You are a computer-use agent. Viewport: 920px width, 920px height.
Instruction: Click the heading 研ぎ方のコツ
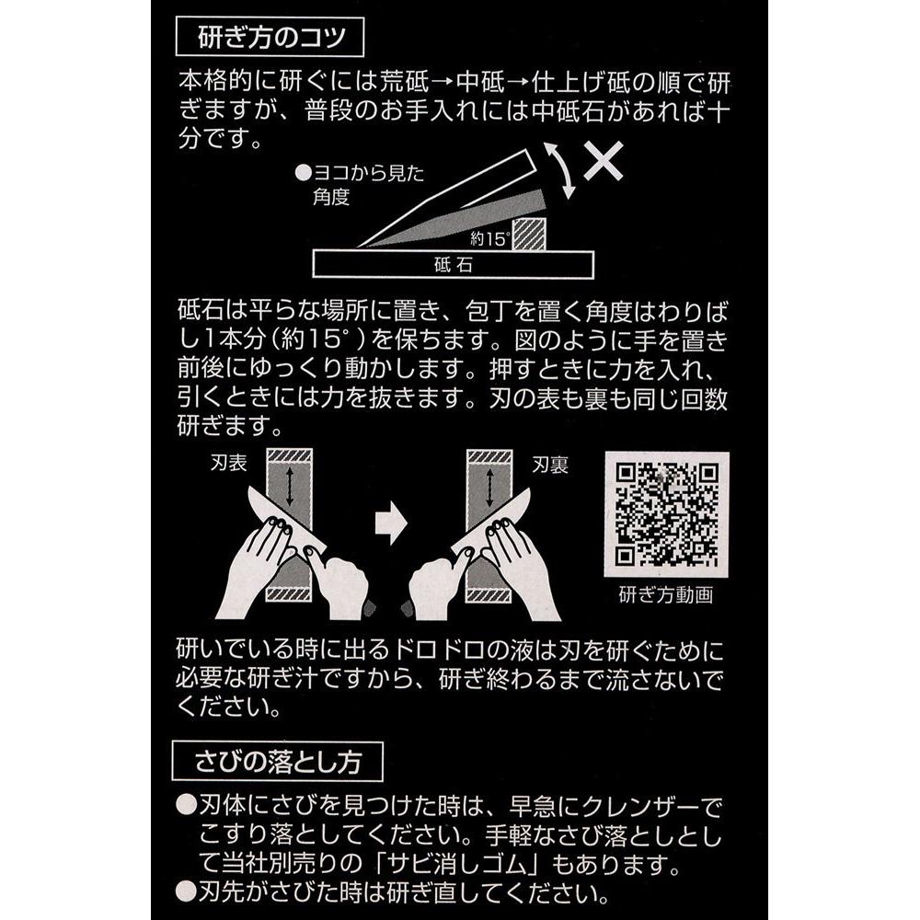coord(270,39)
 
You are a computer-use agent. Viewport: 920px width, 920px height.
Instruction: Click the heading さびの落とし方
coord(278,760)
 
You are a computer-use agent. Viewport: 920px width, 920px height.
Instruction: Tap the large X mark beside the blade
coord(603,161)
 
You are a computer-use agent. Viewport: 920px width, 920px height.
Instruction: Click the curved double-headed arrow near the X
coord(560,171)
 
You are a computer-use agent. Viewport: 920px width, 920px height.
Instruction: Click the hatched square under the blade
coord(529,232)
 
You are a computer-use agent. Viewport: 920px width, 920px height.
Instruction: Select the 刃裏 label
coord(549,466)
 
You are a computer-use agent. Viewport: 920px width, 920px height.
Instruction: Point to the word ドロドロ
coord(426,650)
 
